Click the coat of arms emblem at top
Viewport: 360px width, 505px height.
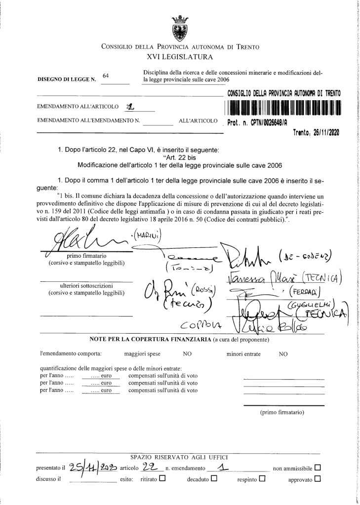[179, 27]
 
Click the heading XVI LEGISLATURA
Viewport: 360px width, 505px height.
[180, 58]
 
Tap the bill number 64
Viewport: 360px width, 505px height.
[105, 75]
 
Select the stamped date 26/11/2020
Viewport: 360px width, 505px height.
[316, 132]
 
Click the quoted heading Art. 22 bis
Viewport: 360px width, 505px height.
[181, 157]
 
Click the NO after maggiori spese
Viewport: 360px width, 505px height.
[187, 353]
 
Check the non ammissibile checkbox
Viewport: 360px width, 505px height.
[318, 466]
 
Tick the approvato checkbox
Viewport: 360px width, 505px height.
[318, 478]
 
